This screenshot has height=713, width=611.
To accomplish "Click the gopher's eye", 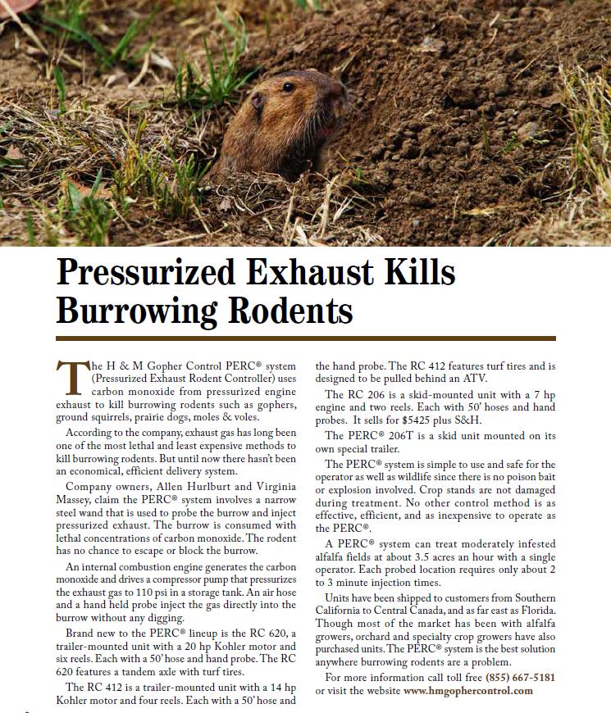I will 288,86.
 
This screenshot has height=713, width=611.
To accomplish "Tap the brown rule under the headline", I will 305,338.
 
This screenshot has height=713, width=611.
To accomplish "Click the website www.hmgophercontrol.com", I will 468,690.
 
